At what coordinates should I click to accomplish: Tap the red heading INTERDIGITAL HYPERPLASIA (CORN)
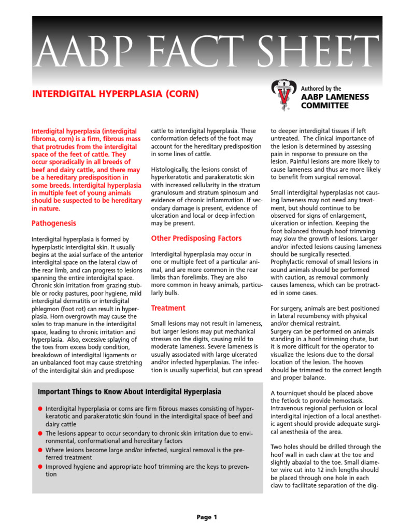[x=115, y=94]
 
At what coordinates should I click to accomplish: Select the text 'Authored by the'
[x=321, y=89]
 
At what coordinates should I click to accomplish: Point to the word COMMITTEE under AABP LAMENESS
[x=325, y=105]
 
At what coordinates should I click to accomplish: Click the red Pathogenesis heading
[x=54, y=223]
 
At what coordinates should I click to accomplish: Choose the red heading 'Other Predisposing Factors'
[x=196, y=238]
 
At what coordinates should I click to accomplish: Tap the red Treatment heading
[x=168, y=308]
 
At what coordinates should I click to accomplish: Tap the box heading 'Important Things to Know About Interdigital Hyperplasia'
[x=130, y=391]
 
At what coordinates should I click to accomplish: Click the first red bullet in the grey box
[x=40, y=409]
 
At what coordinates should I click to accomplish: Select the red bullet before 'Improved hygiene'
[x=40, y=467]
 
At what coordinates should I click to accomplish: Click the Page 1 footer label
[x=207, y=516]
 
